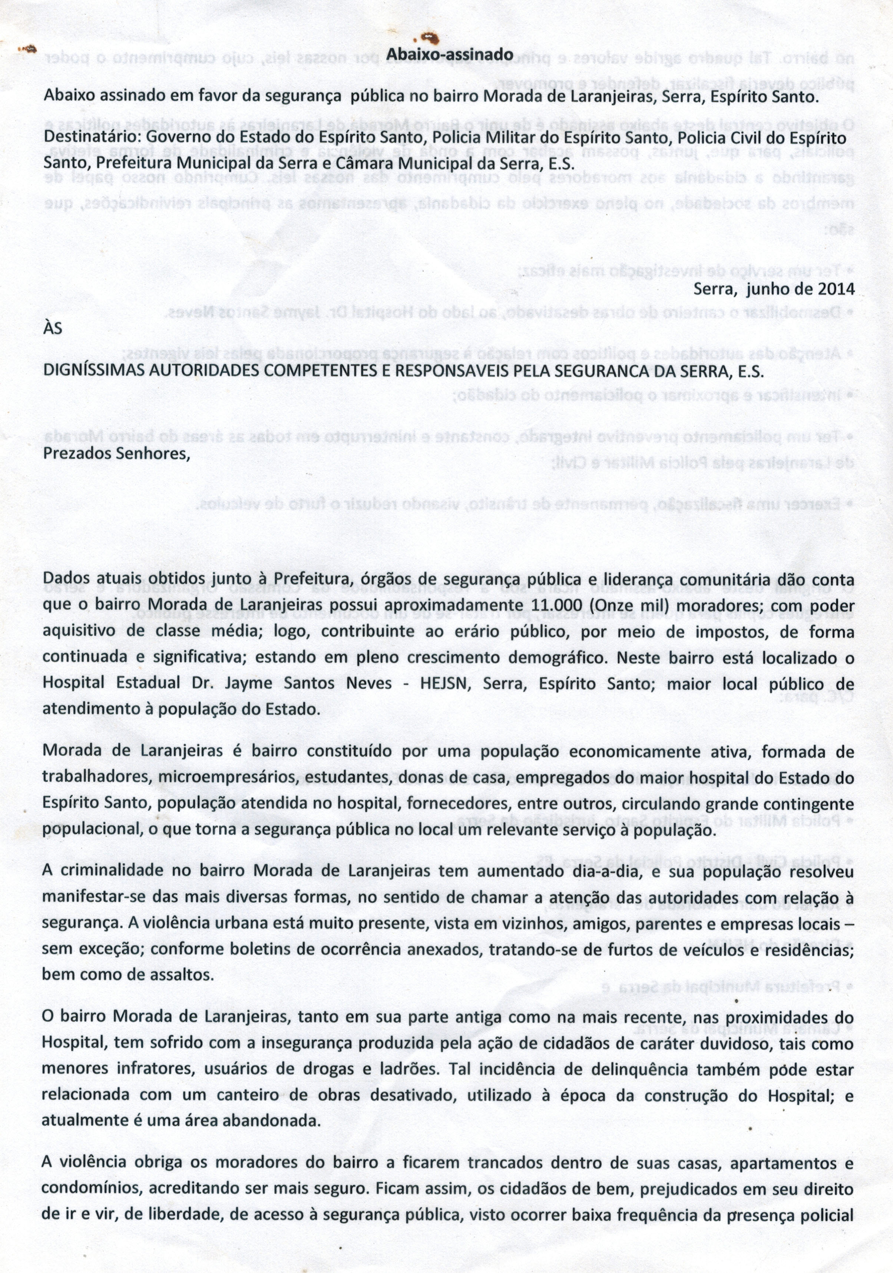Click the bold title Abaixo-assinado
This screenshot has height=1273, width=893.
click(x=450, y=54)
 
